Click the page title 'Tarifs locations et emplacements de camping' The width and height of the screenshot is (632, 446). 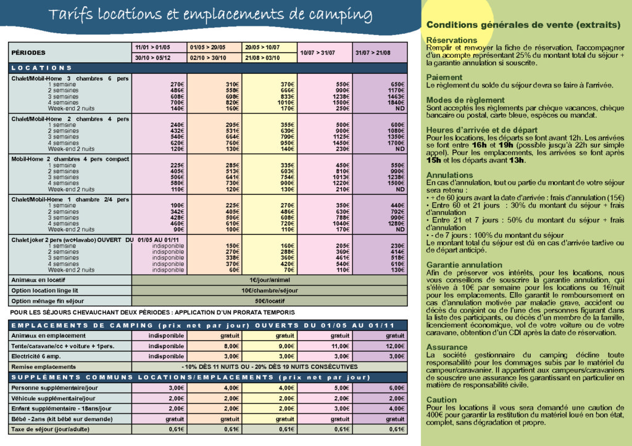click(210, 15)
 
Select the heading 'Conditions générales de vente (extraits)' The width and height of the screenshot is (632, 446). click(523, 25)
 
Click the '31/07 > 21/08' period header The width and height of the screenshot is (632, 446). click(380, 53)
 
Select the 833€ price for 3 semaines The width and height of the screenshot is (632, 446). click(285, 97)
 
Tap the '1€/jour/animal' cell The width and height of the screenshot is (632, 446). click(270, 280)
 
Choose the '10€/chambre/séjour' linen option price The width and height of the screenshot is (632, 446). click(270, 291)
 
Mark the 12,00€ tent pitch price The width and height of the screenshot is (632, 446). click(395, 346)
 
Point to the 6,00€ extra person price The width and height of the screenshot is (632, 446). click(395, 387)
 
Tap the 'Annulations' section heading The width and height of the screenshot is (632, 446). click(450, 175)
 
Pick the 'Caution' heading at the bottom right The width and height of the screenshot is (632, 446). click(441, 400)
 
